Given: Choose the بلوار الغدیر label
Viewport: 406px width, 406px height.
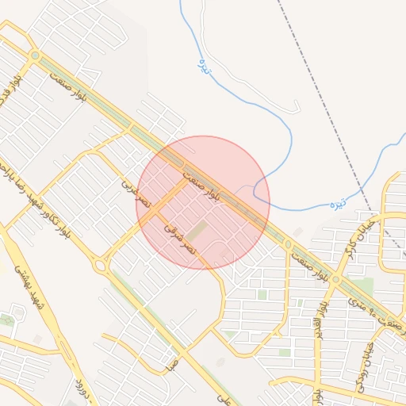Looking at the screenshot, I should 321,317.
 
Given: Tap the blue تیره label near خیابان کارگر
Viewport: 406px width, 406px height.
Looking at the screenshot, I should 339,203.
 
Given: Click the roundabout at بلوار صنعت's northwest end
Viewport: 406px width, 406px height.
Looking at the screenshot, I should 34,55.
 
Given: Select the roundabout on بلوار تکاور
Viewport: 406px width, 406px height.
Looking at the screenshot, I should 100,266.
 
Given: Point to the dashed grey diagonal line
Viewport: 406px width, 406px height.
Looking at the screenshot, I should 325,103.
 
